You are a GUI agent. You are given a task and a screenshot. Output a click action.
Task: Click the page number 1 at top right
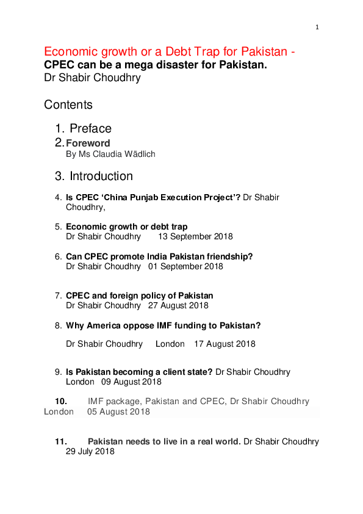[x=317, y=27]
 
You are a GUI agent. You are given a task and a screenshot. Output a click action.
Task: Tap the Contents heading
[x=68, y=105]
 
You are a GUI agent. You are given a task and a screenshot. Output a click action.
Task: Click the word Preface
[x=90, y=129]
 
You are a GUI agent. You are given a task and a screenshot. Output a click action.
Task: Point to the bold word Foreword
[x=88, y=143]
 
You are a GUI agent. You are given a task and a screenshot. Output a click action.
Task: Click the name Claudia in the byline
[x=117, y=154]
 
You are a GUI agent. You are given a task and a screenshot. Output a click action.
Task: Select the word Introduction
[x=101, y=176]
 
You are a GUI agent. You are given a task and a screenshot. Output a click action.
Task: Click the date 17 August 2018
[x=225, y=344]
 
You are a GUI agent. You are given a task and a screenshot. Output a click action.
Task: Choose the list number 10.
[x=61, y=402]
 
